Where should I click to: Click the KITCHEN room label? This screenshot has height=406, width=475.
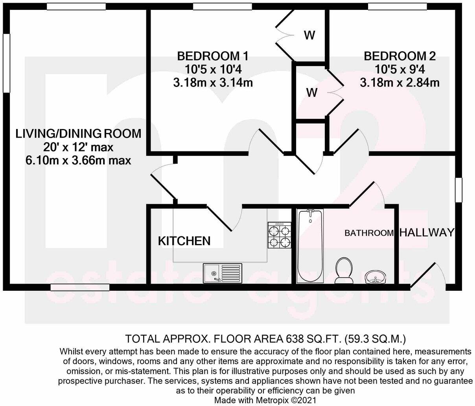(184, 241)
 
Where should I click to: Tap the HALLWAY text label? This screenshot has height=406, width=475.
(427, 233)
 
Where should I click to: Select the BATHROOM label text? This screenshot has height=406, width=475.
(369, 233)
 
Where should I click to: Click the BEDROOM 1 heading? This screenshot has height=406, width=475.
(212, 55)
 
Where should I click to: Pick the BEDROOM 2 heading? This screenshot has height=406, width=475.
(400, 56)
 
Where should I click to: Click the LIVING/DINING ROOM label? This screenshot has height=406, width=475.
(78, 134)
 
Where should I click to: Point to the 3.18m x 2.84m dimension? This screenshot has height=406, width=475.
(400, 83)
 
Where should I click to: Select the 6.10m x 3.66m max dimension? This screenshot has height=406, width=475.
(78, 161)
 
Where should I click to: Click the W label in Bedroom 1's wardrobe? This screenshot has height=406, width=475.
(309, 35)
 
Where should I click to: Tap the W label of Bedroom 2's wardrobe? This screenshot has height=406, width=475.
(312, 93)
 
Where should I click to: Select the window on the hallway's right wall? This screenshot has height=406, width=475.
(458, 190)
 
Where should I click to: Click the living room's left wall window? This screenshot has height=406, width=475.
(6, 63)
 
